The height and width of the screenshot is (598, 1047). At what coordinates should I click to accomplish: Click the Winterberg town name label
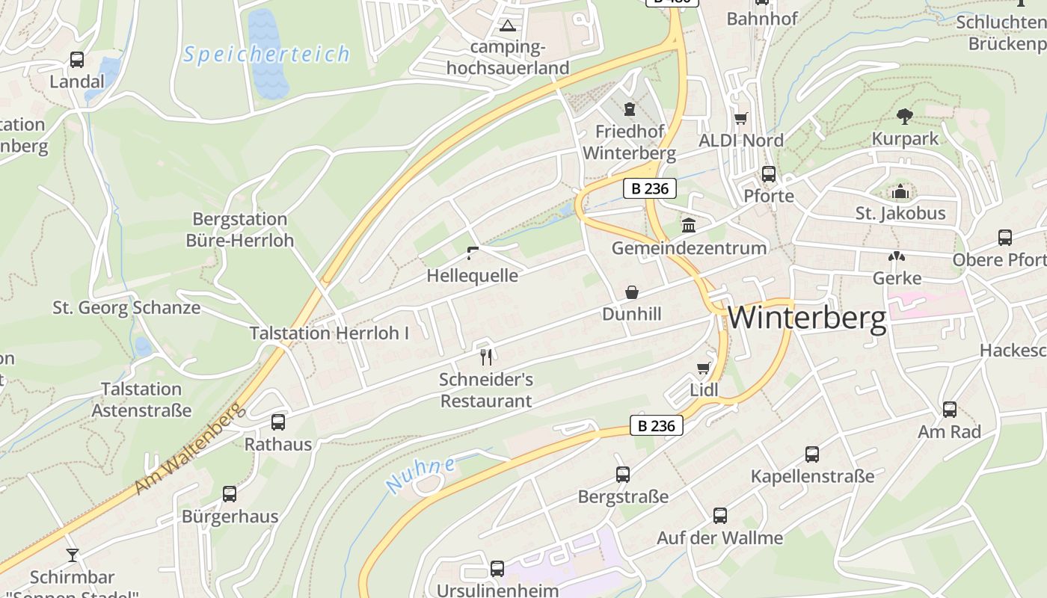[807, 318]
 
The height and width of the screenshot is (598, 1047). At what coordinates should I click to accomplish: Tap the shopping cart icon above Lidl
[703, 368]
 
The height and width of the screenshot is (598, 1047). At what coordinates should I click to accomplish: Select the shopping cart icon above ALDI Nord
[741, 118]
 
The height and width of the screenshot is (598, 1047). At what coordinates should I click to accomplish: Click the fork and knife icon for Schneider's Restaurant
[486, 357]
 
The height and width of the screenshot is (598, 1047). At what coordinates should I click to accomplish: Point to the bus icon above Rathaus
[278, 422]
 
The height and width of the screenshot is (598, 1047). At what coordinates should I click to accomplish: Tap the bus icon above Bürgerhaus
[230, 494]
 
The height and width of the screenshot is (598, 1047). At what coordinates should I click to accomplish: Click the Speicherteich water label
[267, 55]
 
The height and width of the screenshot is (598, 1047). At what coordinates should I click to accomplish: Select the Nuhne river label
[421, 475]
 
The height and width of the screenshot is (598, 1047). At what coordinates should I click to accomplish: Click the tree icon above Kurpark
[905, 116]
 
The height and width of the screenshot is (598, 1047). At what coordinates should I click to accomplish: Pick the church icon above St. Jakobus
[900, 191]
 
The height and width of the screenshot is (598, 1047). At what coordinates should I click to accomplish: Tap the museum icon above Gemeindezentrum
[688, 225]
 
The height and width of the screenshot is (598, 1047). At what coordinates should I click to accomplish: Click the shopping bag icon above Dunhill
[632, 292]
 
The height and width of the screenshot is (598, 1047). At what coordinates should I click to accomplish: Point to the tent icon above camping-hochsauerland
[508, 26]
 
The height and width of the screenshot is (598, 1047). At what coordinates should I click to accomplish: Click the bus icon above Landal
[77, 60]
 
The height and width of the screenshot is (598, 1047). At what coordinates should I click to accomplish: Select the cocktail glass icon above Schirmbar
[72, 555]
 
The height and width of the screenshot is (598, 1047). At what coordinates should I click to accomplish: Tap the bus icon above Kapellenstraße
[812, 454]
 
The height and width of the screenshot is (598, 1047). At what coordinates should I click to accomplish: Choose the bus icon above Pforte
[768, 174]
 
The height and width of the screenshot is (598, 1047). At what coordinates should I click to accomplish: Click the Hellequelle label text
[472, 275]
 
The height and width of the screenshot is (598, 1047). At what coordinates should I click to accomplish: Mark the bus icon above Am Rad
[950, 410]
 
